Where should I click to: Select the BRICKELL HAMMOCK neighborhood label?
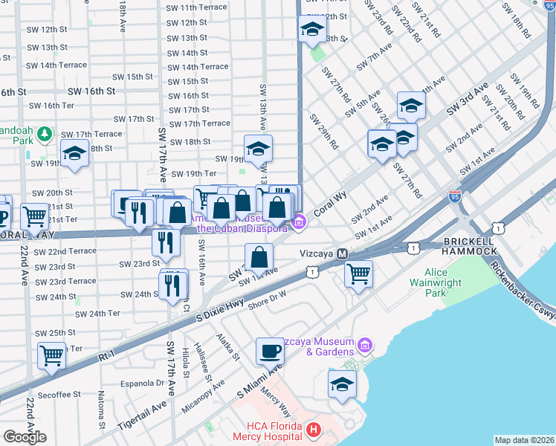click(x=469, y=247)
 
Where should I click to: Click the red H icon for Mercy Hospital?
click(x=313, y=430)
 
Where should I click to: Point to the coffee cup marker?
click(x=269, y=350)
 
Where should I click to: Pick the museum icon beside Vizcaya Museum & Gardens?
click(x=364, y=346)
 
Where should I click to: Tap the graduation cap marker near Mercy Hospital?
click(x=342, y=384)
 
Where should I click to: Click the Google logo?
click(x=25, y=437)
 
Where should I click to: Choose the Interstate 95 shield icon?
click(x=455, y=197)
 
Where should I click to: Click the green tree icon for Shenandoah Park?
click(x=45, y=134)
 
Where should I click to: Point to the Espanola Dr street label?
click(x=144, y=384)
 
